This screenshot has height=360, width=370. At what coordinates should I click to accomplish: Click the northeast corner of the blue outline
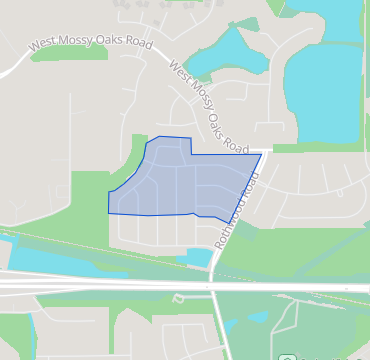click(x=262, y=154)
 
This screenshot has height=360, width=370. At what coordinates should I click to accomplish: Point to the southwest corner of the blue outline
click(x=109, y=212)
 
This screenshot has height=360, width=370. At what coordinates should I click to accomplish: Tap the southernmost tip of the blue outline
click(x=225, y=222)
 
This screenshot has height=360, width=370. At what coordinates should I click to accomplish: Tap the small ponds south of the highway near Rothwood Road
click(x=254, y=318)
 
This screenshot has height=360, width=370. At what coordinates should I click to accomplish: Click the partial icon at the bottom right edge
click(x=286, y=357)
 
